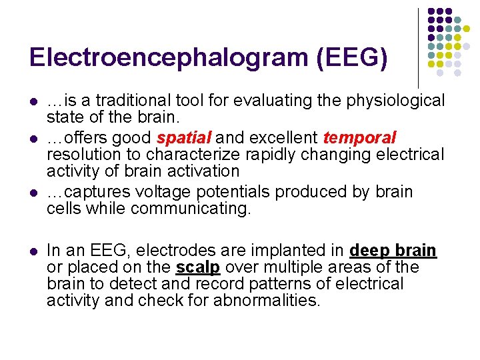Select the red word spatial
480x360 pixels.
tap(184, 138)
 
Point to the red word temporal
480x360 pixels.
tap(359, 138)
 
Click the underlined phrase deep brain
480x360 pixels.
tap(393, 251)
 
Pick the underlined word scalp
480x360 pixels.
tap(198, 267)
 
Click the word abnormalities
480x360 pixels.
tap(267, 301)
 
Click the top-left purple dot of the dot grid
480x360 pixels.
tap(431, 12)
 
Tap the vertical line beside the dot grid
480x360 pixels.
tap(418, 47)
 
